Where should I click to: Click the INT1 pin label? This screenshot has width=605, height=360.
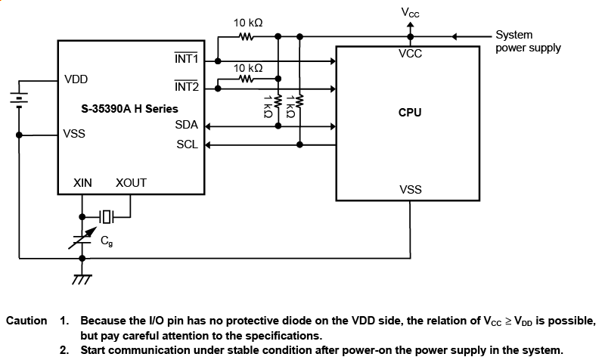click(x=185, y=59)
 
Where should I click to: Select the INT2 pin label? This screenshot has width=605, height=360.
click(x=185, y=87)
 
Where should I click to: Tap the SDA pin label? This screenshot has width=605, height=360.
click(x=186, y=125)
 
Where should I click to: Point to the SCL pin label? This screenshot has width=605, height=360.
click(x=187, y=144)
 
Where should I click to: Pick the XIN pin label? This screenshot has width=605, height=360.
click(x=82, y=183)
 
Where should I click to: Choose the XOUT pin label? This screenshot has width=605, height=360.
click(x=131, y=183)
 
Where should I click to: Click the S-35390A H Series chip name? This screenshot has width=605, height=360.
click(x=129, y=109)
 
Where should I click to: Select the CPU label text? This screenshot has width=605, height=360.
click(x=410, y=113)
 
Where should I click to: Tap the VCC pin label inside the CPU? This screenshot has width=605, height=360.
click(x=410, y=54)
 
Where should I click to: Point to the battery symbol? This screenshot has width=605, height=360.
click(x=18, y=98)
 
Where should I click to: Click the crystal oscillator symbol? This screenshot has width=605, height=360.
click(x=107, y=217)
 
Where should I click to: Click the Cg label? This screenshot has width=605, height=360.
click(x=107, y=242)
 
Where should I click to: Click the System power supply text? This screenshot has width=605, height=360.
click(x=528, y=41)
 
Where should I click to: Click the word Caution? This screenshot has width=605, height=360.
click(x=26, y=321)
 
